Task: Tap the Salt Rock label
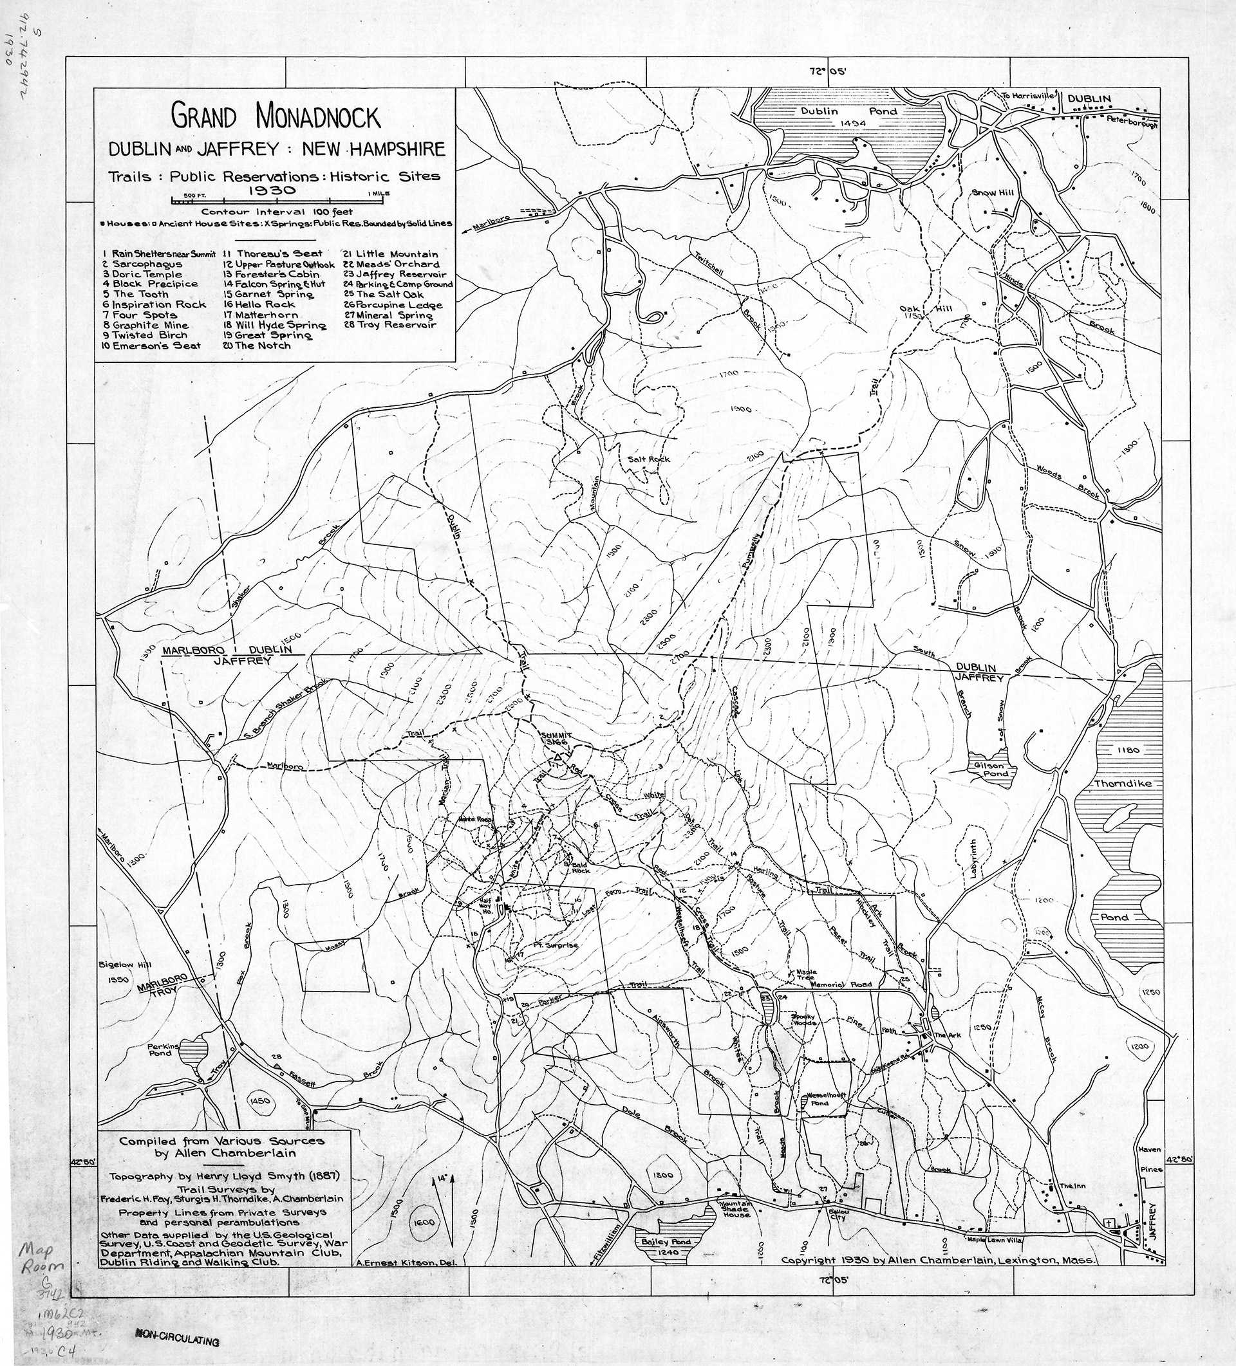click(648, 459)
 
